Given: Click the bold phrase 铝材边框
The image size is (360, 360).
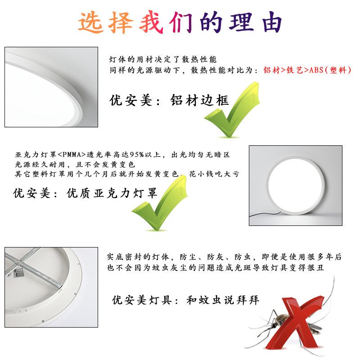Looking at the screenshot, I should pos(201,100).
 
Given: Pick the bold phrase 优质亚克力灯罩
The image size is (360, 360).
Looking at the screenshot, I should pos(112,194).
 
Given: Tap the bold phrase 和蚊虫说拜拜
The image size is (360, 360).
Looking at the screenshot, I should pos(223,299).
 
